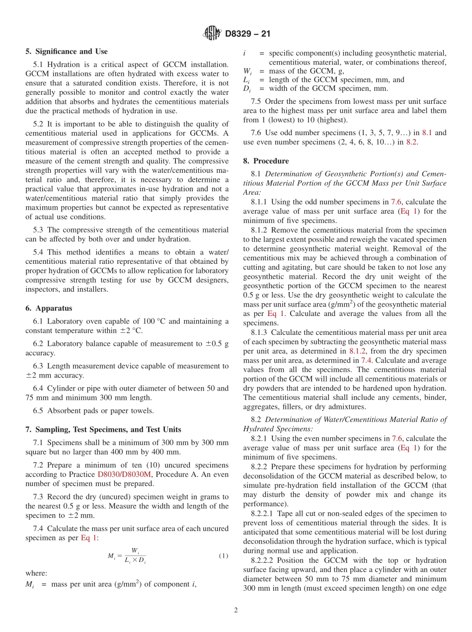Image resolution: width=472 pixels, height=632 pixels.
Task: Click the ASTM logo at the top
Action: tap(213, 33)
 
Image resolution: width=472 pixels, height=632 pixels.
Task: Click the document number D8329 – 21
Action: tap(247, 34)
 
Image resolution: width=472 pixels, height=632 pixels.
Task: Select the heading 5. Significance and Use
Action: tap(67, 51)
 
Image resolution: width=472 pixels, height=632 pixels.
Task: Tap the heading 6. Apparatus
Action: tap(49, 308)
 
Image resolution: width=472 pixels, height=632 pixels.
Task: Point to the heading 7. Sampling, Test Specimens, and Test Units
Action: tap(103, 429)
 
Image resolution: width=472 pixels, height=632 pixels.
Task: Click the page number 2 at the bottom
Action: tap(236, 611)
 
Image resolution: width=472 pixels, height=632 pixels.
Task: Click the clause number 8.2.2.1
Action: tap(263, 513)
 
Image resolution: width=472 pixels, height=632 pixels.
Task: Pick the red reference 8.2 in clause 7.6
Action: tap(411, 142)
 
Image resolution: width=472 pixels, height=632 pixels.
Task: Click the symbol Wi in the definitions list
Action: tap(248, 71)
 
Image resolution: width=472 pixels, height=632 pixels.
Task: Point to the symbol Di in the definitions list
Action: tap(247, 89)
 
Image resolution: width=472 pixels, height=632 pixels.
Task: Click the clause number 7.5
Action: tap(257, 101)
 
